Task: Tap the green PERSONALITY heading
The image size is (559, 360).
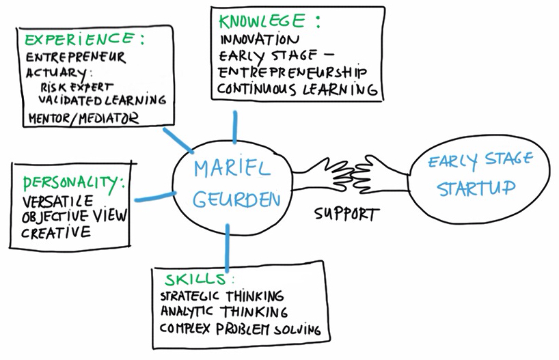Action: tap(74, 183)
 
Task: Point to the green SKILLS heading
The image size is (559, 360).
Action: tap(194, 281)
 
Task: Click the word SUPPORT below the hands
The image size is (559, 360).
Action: tap(345, 214)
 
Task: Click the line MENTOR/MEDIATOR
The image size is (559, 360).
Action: tap(83, 117)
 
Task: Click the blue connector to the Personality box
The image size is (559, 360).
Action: tap(153, 197)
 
